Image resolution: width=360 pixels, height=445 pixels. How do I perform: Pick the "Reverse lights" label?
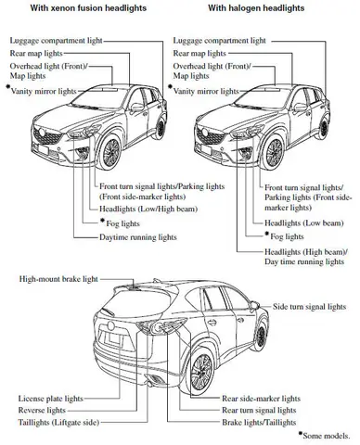coord(42,409)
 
